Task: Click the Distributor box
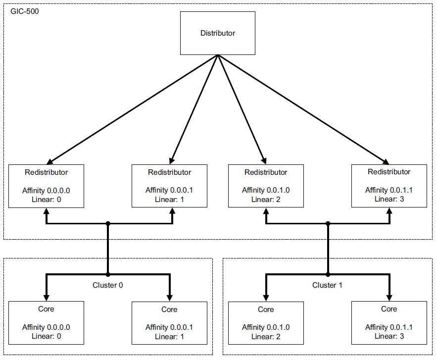217,33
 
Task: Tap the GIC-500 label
25,11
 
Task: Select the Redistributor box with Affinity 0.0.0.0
46,186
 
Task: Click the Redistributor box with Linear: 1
169,186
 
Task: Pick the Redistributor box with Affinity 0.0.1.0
266,186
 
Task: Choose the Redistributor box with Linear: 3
388,186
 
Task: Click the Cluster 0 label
108,285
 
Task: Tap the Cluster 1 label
327,285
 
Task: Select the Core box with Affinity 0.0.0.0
46,323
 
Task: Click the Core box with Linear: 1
169,323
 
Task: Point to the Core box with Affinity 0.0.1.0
266,323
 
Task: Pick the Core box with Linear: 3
388,323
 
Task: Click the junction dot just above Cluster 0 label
108,274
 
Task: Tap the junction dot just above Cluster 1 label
327,274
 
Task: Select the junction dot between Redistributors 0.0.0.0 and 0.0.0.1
108,223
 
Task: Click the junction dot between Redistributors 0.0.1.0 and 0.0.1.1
327,223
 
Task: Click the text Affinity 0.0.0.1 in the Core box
169,327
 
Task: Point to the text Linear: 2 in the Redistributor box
266,200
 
